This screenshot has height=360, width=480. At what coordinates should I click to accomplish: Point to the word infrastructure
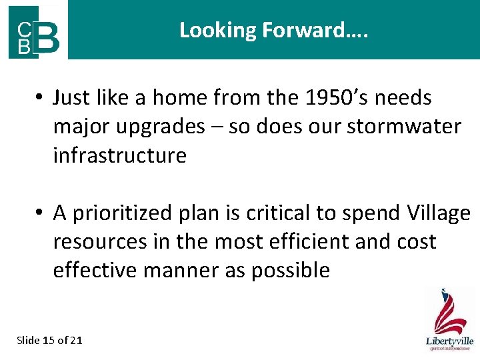click(x=119, y=155)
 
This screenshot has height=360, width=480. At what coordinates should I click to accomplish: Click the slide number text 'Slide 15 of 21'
click(x=49, y=340)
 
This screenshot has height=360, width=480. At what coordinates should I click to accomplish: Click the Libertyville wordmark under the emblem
click(x=450, y=341)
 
